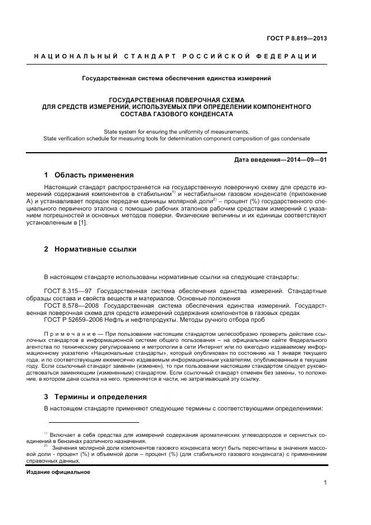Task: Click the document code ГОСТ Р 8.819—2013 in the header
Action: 296,39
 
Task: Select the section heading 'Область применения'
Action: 94,175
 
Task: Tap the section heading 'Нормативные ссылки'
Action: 95,249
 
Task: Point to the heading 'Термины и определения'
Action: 100,396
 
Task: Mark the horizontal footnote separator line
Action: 93,422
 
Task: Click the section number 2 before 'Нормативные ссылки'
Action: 46,249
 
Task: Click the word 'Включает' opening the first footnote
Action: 62,435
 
